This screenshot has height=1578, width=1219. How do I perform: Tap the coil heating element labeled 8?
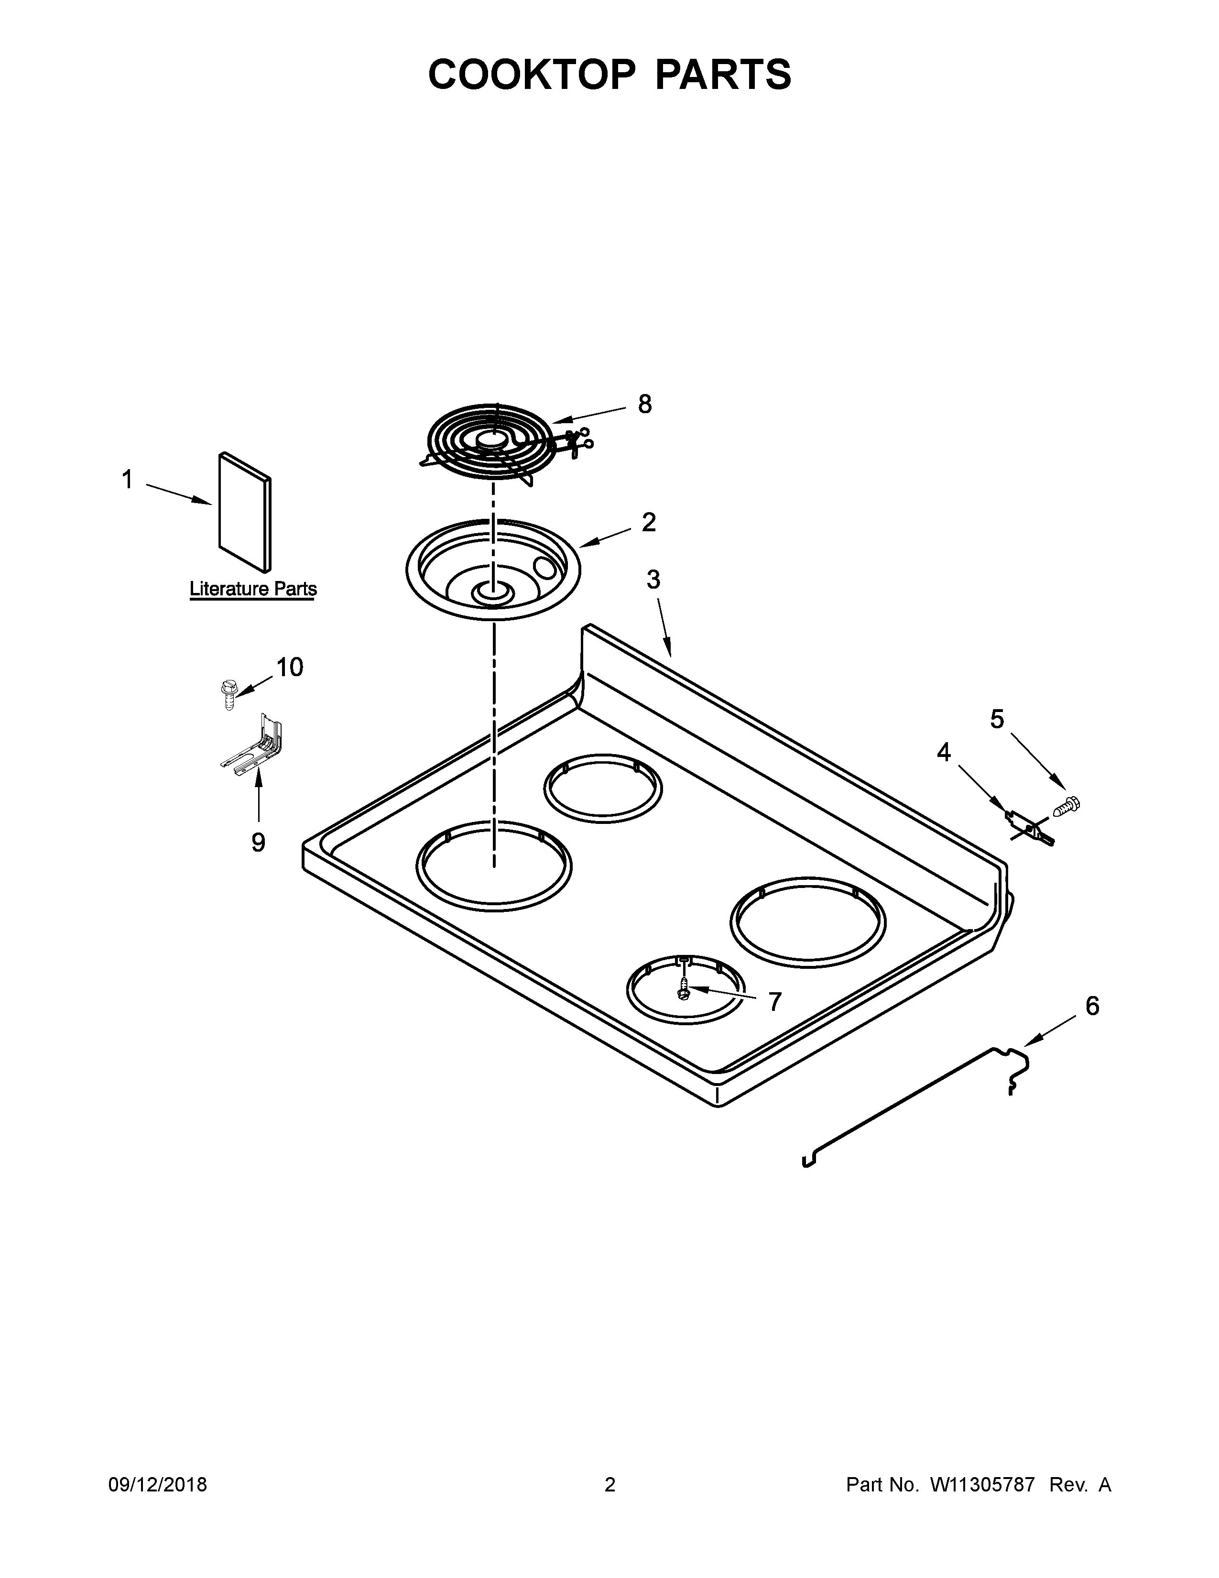pyautogui.click(x=505, y=444)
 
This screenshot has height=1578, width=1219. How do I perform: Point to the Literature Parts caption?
pyautogui.click(x=253, y=589)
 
